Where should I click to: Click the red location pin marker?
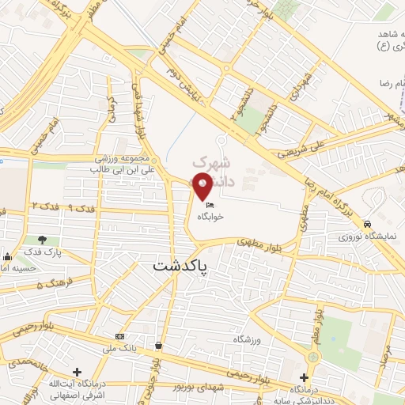point(202,187)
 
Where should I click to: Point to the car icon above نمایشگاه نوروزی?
point(369,225)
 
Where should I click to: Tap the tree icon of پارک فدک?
point(42,240)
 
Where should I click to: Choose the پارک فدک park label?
point(42,252)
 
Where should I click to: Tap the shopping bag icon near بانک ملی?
point(159,345)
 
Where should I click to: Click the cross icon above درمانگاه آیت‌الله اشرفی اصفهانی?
point(77,372)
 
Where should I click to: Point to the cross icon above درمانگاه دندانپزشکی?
point(304,377)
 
